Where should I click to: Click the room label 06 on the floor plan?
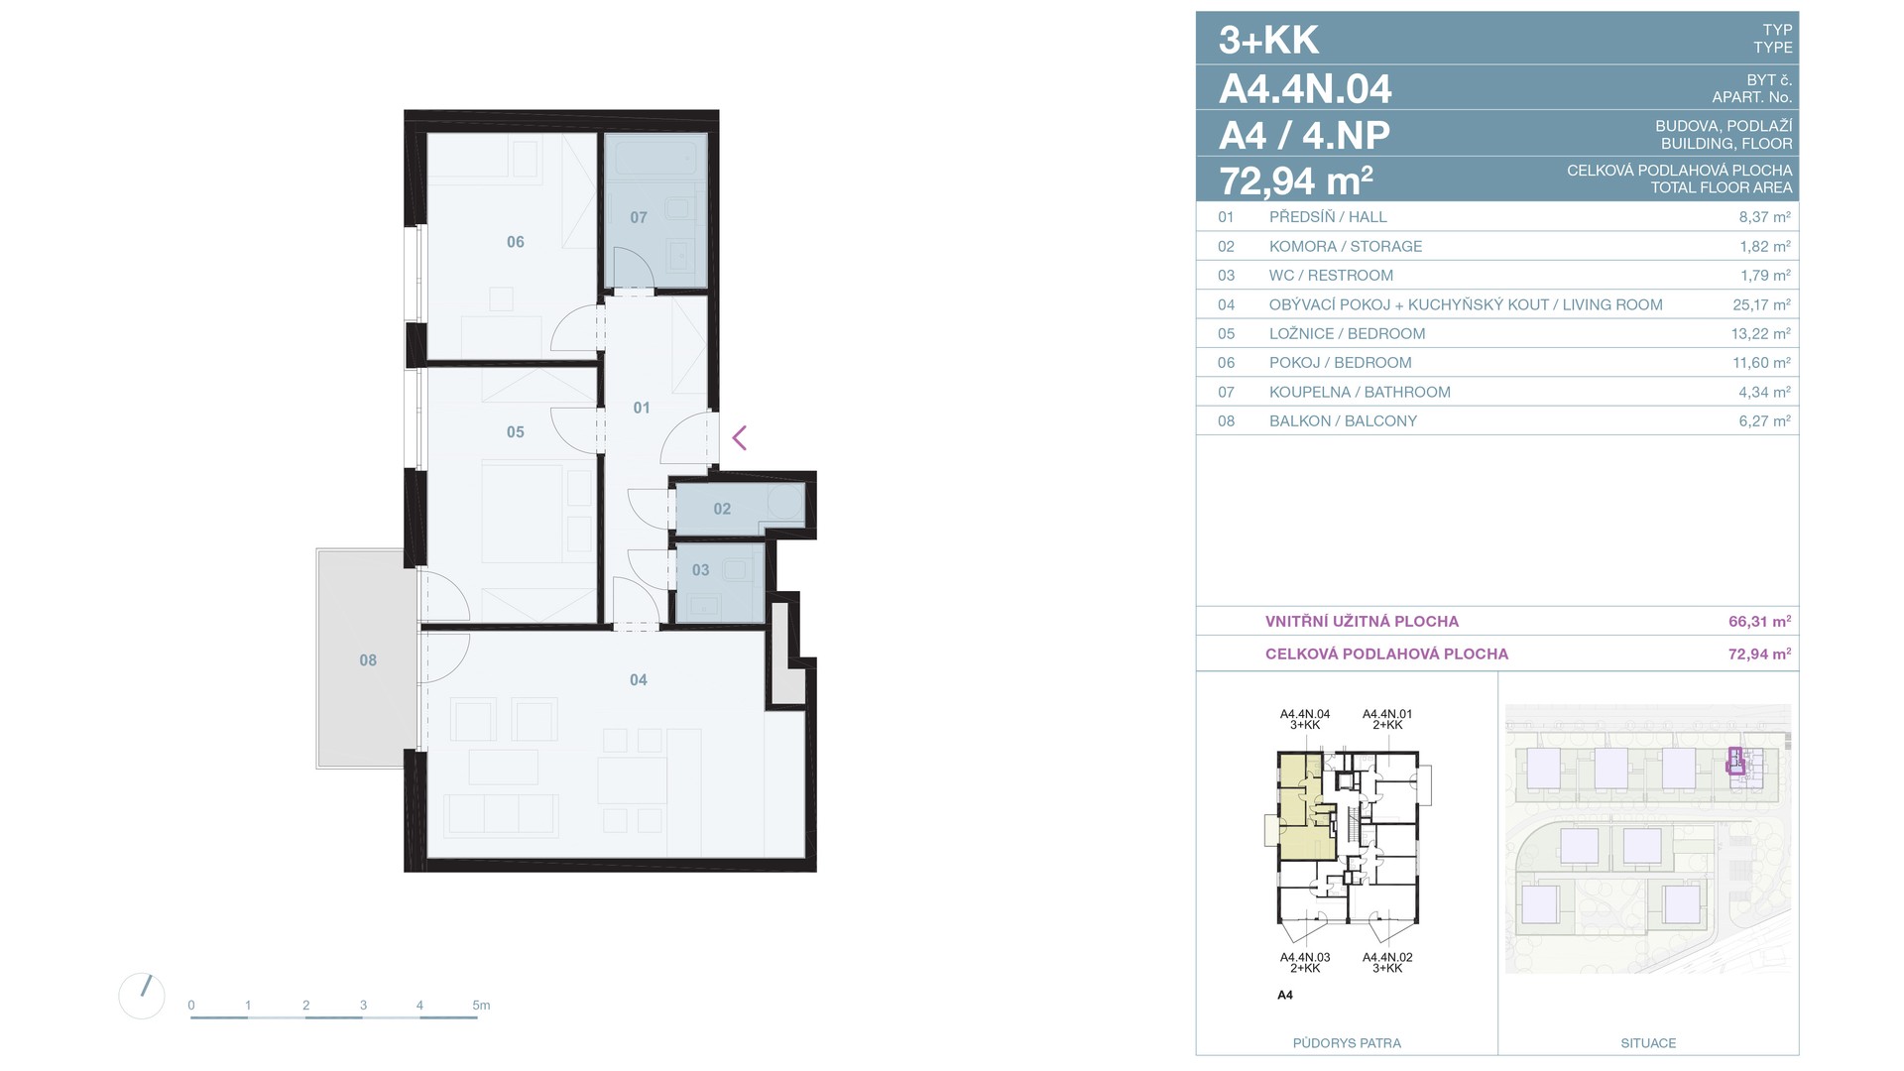pyautogui.click(x=516, y=242)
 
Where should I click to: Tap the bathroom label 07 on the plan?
pyautogui.click(x=639, y=217)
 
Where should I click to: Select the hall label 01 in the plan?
pyautogui.click(x=642, y=408)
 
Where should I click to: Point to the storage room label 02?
pyautogui.click(x=722, y=509)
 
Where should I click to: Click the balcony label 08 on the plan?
pyautogui.click(x=368, y=660)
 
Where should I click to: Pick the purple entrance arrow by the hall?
pyautogui.click(x=740, y=437)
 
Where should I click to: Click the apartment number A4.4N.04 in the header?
pyautogui.click(x=1305, y=89)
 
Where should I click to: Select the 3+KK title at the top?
pyautogui.click(x=1268, y=41)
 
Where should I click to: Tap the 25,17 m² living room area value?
pyautogui.click(x=1761, y=304)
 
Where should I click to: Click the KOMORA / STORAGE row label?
pyautogui.click(x=1346, y=246)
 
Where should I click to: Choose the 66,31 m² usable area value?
pyautogui.click(x=1760, y=622)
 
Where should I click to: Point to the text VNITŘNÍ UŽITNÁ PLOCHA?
pyautogui.click(x=1363, y=622)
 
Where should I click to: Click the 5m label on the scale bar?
pyautogui.click(x=481, y=1006)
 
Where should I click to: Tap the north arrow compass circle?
pyautogui.click(x=142, y=995)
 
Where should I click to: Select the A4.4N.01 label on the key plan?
pyautogui.click(x=1387, y=714)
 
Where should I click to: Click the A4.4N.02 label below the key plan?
pyautogui.click(x=1387, y=958)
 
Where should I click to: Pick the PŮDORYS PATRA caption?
pyautogui.click(x=1347, y=1043)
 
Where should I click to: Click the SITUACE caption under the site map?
pyautogui.click(x=1648, y=1043)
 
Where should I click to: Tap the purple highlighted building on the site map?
pyautogui.click(x=1735, y=762)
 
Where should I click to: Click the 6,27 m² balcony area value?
pyautogui.click(x=1765, y=420)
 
